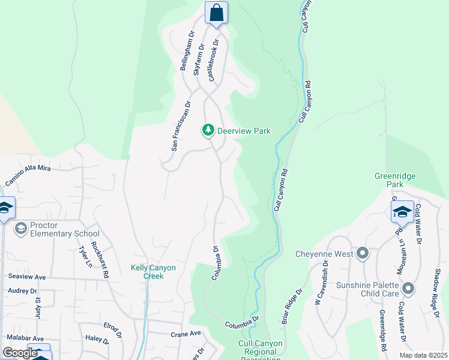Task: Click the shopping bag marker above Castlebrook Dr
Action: [216, 13]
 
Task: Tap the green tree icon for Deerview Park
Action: [208, 130]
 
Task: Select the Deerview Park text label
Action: [244, 131]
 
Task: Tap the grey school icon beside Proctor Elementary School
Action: [20, 228]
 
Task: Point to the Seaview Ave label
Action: [27, 277]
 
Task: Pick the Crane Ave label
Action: [185, 334]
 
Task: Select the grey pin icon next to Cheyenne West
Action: [362, 253]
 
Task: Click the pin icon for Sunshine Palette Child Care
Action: [408, 289]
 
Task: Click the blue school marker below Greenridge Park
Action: [402, 212]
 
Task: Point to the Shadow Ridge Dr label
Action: [435, 293]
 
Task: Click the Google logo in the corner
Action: [20, 353]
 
